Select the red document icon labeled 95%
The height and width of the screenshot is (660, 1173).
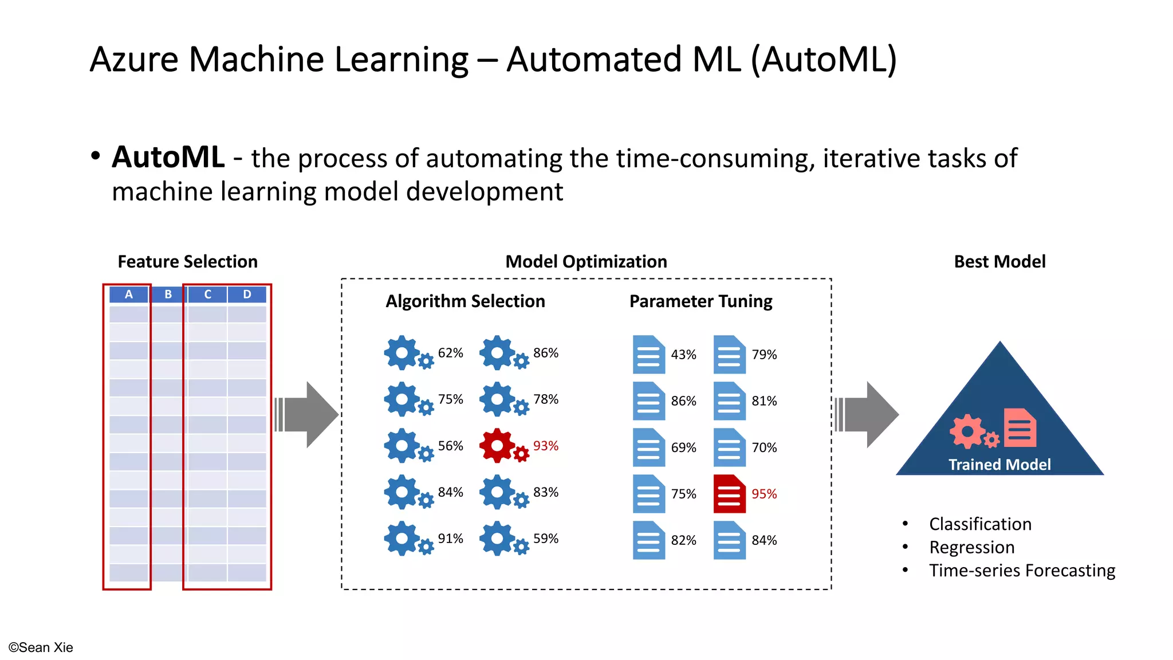click(729, 493)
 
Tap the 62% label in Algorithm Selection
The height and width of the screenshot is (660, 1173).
click(450, 353)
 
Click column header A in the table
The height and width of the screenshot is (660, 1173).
click(129, 294)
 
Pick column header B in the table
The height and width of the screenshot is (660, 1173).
click(168, 294)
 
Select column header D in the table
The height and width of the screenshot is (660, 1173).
click(247, 294)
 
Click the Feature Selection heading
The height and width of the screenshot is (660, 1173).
click(187, 262)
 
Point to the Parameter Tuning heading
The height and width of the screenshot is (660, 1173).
click(700, 301)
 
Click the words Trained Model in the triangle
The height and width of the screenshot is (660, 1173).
click(999, 464)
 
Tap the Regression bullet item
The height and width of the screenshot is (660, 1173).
click(971, 547)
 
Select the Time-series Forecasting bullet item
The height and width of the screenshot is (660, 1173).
click(1022, 571)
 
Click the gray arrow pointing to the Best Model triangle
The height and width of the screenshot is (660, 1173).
click(868, 414)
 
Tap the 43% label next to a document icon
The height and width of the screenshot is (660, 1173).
click(683, 355)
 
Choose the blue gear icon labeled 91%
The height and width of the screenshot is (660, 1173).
click(404, 538)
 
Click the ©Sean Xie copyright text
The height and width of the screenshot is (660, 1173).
click(41, 647)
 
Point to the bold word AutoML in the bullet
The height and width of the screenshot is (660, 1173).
click(168, 157)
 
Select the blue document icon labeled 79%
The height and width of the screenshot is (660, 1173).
click(729, 354)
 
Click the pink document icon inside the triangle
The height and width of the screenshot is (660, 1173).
click(1020, 427)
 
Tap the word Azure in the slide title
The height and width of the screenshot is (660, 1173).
click(134, 59)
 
